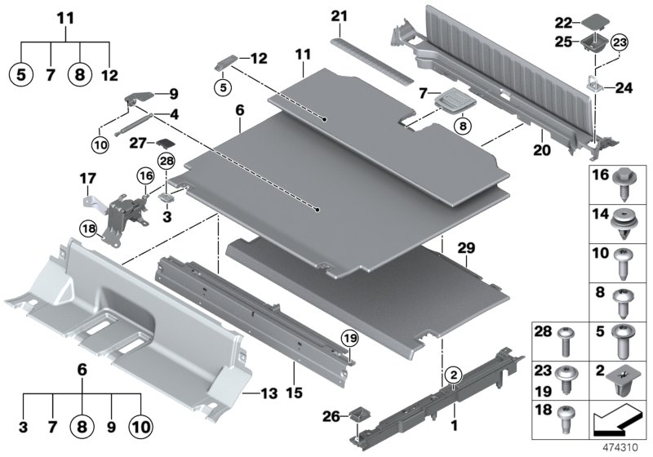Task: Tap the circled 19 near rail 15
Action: (349, 338)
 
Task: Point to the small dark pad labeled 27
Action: (164, 144)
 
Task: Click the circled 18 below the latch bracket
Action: (87, 228)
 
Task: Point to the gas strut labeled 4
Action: (139, 123)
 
